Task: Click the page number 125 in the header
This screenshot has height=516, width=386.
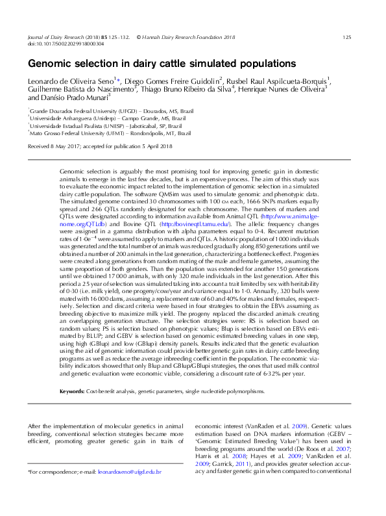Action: pos(346,38)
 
